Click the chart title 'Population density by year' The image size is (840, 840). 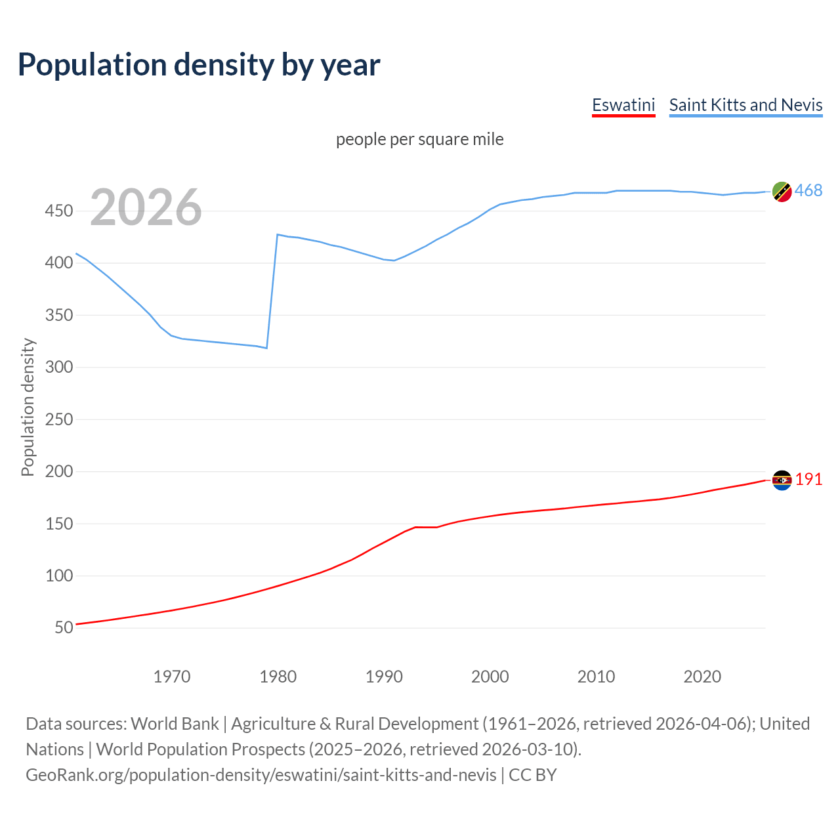pyautogui.click(x=199, y=65)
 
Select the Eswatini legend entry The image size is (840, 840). pyautogui.click(x=623, y=105)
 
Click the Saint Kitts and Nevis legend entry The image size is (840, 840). pyautogui.click(x=745, y=105)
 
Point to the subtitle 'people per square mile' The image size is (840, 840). pyautogui.click(x=420, y=140)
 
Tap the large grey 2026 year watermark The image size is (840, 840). pyautogui.click(x=146, y=207)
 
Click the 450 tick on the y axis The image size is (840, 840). pyautogui.click(x=59, y=211)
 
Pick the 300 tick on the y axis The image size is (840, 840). pyautogui.click(x=59, y=367)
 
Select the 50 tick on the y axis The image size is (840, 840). pyautogui.click(x=64, y=628)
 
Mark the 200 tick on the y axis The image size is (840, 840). pyautogui.click(x=59, y=472)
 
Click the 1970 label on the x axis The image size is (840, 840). pyautogui.click(x=172, y=677)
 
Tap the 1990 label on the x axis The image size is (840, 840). pyautogui.click(x=384, y=677)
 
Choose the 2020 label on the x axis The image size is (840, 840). pyautogui.click(x=702, y=677)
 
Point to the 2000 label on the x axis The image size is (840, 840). pyautogui.click(x=490, y=677)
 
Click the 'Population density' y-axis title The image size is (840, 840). pyautogui.click(x=28, y=407)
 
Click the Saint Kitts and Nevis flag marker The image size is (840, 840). pyautogui.click(x=782, y=192)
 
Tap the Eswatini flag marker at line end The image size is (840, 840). pyautogui.click(x=782, y=480)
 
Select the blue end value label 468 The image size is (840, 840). pyautogui.click(x=808, y=191)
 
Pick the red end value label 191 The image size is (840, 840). pyautogui.click(x=808, y=480)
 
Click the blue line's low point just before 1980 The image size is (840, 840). pyautogui.click(x=266, y=348)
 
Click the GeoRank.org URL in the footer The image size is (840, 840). pyautogui.click(x=261, y=775)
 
